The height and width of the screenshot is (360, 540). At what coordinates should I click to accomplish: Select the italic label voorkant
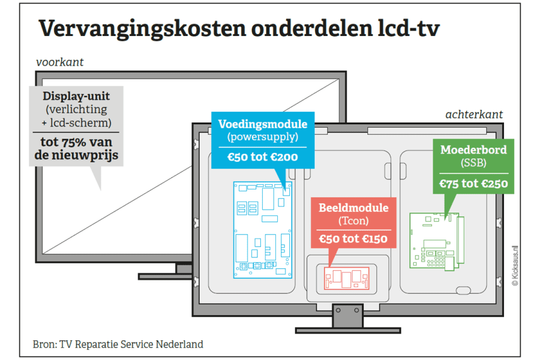(x=59, y=62)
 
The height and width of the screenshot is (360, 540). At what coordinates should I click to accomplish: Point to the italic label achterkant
(x=474, y=115)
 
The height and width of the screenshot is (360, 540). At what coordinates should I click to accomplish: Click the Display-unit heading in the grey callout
(x=76, y=97)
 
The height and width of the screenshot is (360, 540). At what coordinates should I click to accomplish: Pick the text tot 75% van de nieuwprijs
(x=76, y=150)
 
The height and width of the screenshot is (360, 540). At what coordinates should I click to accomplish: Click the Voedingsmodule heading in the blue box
(x=263, y=125)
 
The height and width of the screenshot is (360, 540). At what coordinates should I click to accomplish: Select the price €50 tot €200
(x=263, y=158)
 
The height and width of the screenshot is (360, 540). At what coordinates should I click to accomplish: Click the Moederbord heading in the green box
(x=473, y=149)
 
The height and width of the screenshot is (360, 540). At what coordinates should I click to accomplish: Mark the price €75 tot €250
(x=473, y=184)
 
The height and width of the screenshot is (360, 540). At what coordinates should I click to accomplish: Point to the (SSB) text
(x=473, y=163)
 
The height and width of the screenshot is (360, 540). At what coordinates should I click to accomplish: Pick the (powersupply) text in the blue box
(x=263, y=137)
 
